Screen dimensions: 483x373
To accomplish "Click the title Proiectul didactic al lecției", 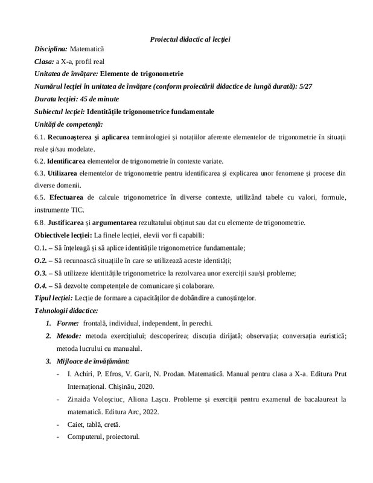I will tap(190, 39).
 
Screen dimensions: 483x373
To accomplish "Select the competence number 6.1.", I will tap(40, 139).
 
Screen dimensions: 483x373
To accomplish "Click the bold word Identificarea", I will tap(69, 161).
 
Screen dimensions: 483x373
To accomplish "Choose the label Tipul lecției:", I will tap(53, 298).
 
